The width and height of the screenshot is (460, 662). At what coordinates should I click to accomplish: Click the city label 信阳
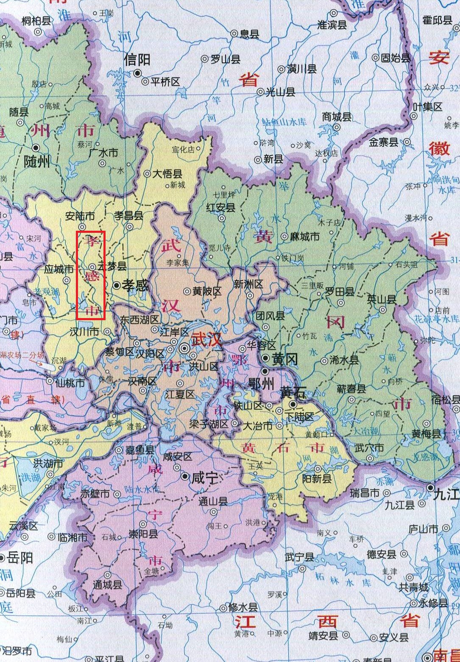[x=137, y=60]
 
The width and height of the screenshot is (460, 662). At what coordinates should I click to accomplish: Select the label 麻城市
[x=304, y=237]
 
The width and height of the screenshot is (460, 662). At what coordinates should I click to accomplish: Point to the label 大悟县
[x=167, y=174]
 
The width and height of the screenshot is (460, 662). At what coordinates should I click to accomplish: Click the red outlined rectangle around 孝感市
[x=90, y=275]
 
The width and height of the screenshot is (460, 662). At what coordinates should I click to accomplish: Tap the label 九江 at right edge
[x=446, y=494]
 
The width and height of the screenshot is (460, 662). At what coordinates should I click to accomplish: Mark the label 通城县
[x=108, y=585]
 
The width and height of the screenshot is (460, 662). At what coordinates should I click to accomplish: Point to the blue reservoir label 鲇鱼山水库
[x=284, y=122]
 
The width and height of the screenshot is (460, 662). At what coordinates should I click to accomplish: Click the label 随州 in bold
[x=37, y=162]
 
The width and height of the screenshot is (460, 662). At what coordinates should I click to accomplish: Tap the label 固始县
[x=396, y=58]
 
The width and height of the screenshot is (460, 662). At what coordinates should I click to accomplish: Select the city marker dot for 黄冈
[x=265, y=359]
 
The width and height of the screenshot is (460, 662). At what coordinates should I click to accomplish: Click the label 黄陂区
[x=207, y=291]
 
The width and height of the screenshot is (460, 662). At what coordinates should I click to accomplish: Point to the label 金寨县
[x=383, y=142]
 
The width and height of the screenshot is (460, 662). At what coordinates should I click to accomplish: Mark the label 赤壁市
[x=95, y=494]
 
